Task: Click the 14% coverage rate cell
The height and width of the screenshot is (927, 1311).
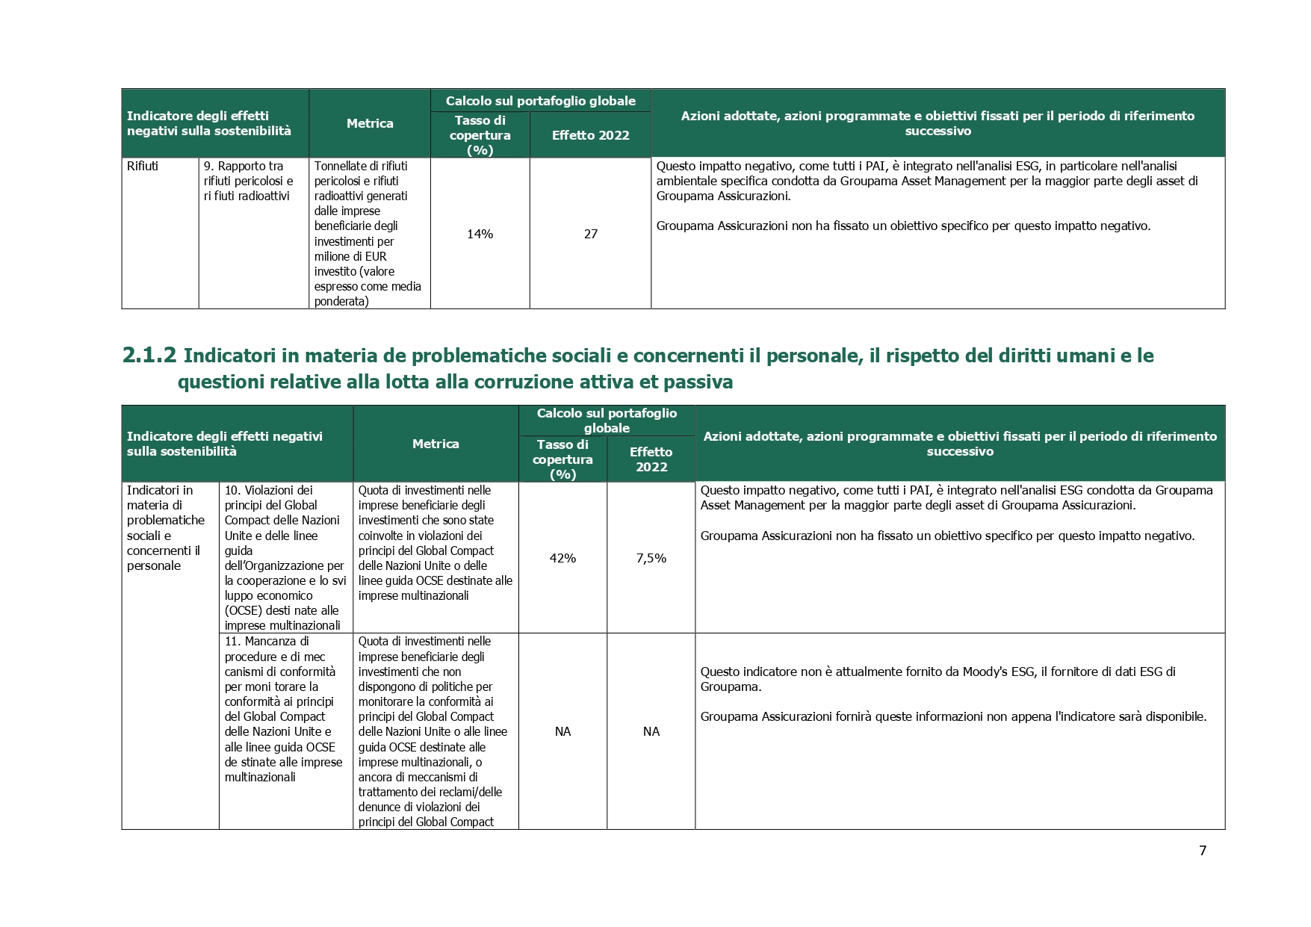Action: [x=480, y=234]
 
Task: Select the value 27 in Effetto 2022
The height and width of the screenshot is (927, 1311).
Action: [x=590, y=234]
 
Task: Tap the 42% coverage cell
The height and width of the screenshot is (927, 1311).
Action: [x=562, y=558]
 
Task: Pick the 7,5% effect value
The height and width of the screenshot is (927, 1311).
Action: [x=651, y=558]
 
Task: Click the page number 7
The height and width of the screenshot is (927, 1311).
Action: [x=1203, y=850]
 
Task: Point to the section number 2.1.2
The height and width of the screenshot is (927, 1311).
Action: [x=149, y=356]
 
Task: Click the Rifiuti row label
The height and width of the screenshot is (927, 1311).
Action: [x=143, y=166]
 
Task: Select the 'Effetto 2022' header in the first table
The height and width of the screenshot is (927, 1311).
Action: [x=590, y=135]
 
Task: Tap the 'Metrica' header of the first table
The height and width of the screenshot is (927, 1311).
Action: [x=370, y=123]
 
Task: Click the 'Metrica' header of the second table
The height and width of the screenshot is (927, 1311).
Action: [x=436, y=444]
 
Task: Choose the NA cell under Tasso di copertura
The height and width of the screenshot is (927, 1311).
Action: [x=562, y=731]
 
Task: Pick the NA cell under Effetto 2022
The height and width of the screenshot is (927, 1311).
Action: [x=651, y=731]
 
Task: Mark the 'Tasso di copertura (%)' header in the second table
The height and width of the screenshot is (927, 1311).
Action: [x=562, y=459]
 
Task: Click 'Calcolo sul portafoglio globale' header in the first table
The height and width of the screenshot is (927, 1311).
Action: [x=541, y=101]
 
